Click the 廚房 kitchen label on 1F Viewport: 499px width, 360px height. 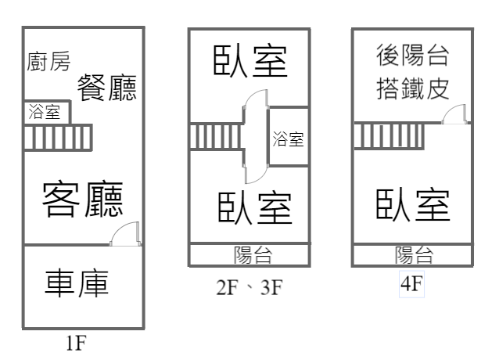pos(48,62)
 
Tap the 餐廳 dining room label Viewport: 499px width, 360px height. pos(107,88)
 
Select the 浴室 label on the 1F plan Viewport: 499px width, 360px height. pos(44,112)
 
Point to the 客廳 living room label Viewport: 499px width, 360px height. pos(82,199)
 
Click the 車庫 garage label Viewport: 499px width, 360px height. pos(77,283)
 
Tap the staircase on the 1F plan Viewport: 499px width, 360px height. pos(57,137)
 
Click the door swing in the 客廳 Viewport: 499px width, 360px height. pos(125,235)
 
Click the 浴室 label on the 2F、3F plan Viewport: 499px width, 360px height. pos(288,140)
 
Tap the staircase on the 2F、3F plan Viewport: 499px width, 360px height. pos(215,136)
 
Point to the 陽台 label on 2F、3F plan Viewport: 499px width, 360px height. pos(253,254)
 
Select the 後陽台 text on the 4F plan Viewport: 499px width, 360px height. pos(412,56)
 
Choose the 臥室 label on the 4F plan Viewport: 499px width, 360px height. pos(413,204)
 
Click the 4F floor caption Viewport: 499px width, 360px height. pos(411,285)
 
